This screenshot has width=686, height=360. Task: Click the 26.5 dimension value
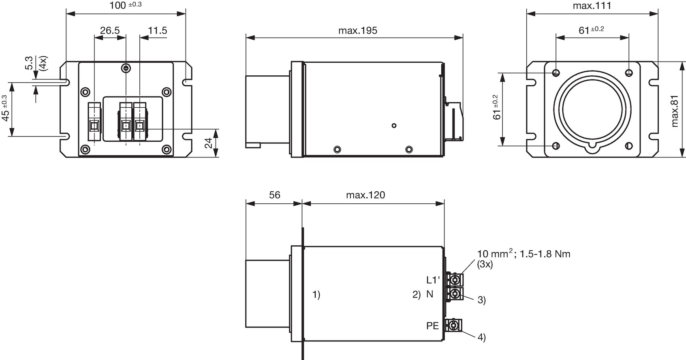pos(110,30)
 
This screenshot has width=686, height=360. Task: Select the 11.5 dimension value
pos(157,30)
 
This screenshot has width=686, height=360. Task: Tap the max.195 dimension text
pos(358,31)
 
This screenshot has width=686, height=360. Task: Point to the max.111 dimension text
pos(592,6)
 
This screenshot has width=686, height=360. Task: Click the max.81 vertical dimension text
pos(675,111)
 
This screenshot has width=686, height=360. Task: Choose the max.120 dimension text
pos(365,195)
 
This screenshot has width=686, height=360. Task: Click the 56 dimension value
pos(274,195)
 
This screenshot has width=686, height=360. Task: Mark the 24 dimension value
pos(208,143)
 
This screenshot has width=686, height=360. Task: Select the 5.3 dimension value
pos(29,63)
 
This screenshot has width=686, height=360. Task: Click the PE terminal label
pos(432,326)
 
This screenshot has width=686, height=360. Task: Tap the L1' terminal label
pos(433,280)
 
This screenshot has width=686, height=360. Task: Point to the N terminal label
pos(430,294)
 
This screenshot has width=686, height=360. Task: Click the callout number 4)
pos(482,337)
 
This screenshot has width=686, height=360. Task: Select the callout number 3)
pos(482,300)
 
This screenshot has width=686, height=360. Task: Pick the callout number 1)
pos(316,294)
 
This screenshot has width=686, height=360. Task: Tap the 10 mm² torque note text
pos(524,254)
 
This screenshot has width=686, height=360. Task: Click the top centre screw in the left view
pos(126,68)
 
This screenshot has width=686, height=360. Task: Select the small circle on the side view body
pos(394,126)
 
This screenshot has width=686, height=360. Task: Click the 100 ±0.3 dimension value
pos(126,5)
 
